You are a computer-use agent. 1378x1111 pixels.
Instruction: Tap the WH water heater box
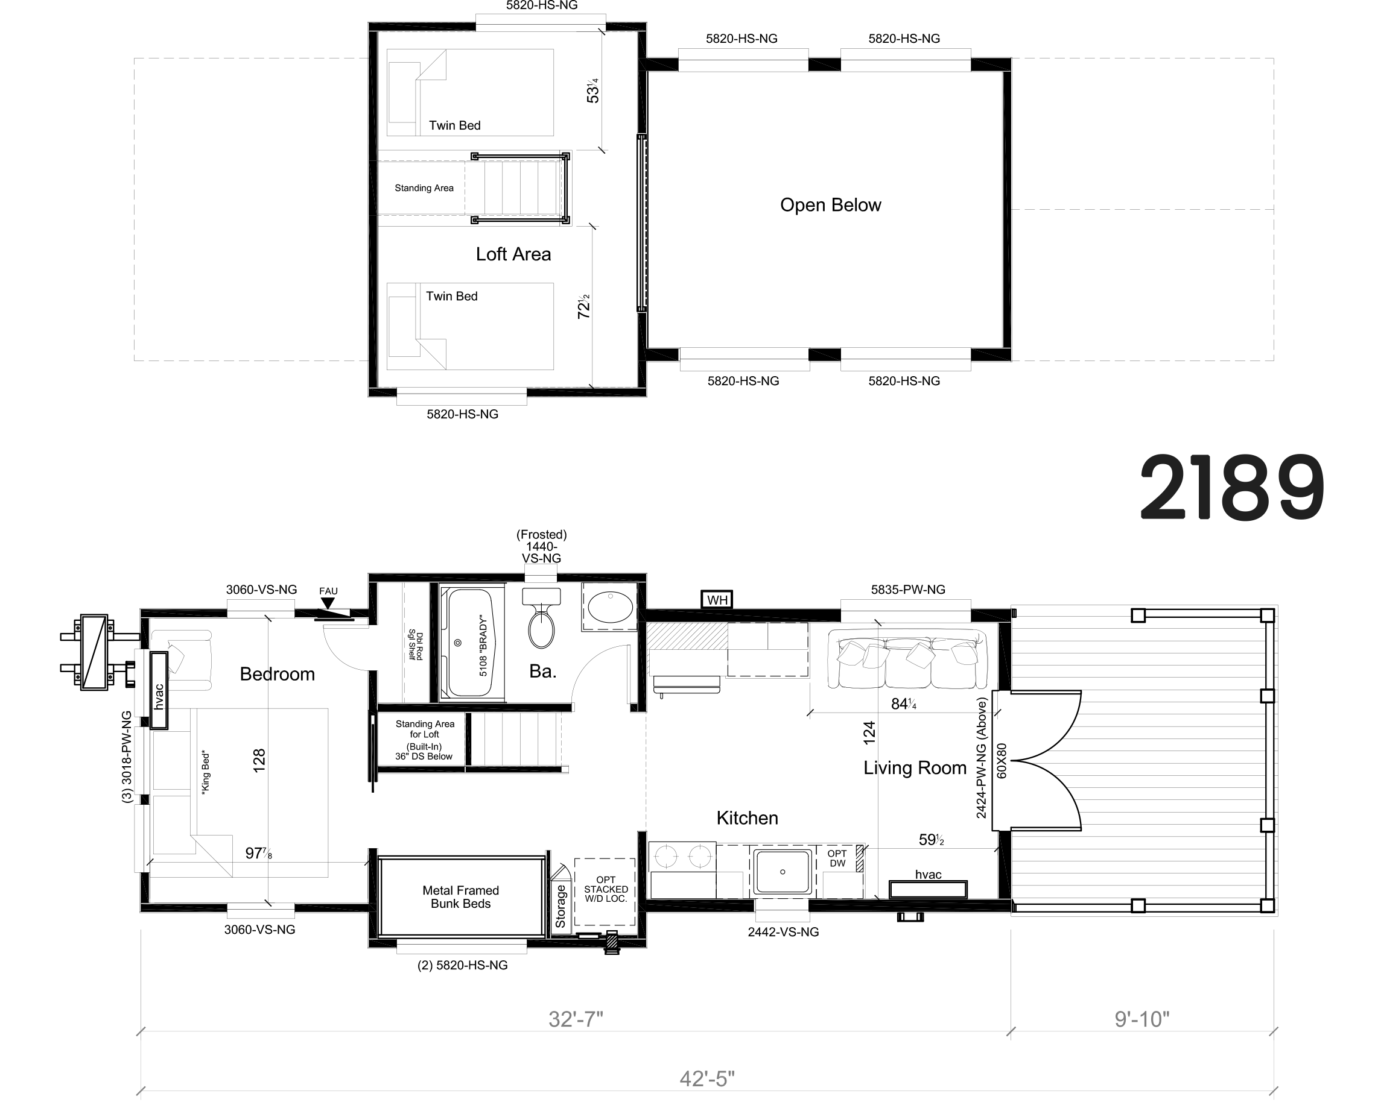point(717,600)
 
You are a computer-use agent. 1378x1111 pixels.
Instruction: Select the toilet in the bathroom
point(541,617)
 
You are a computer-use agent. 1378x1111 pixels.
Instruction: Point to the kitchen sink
point(782,872)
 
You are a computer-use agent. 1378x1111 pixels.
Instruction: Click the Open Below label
point(831,205)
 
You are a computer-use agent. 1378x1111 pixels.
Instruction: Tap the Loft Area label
point(513,254)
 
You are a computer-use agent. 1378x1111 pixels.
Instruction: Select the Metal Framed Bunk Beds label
point(460,896)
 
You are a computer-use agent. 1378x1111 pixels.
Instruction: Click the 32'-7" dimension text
point(576,1019)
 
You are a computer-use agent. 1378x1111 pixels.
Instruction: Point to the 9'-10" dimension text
point(1141,1019)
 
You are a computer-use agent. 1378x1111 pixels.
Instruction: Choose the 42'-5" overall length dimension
point(707,1079)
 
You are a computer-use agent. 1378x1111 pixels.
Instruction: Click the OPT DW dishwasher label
point(837,858)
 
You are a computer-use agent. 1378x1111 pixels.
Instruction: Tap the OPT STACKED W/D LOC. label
point(605,889)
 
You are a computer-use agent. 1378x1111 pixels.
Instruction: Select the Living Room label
point(915,768)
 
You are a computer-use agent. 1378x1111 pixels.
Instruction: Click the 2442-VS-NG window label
point(783,932)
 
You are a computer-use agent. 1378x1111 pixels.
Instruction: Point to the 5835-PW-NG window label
point(908,590)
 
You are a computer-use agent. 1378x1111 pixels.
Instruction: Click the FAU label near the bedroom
point(328,591)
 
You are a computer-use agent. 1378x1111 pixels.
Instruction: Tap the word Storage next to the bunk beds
point(560,905)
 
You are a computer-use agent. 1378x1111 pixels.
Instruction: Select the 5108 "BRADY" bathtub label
point(483,646)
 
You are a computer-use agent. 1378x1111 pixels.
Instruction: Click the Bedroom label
point(278,674)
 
